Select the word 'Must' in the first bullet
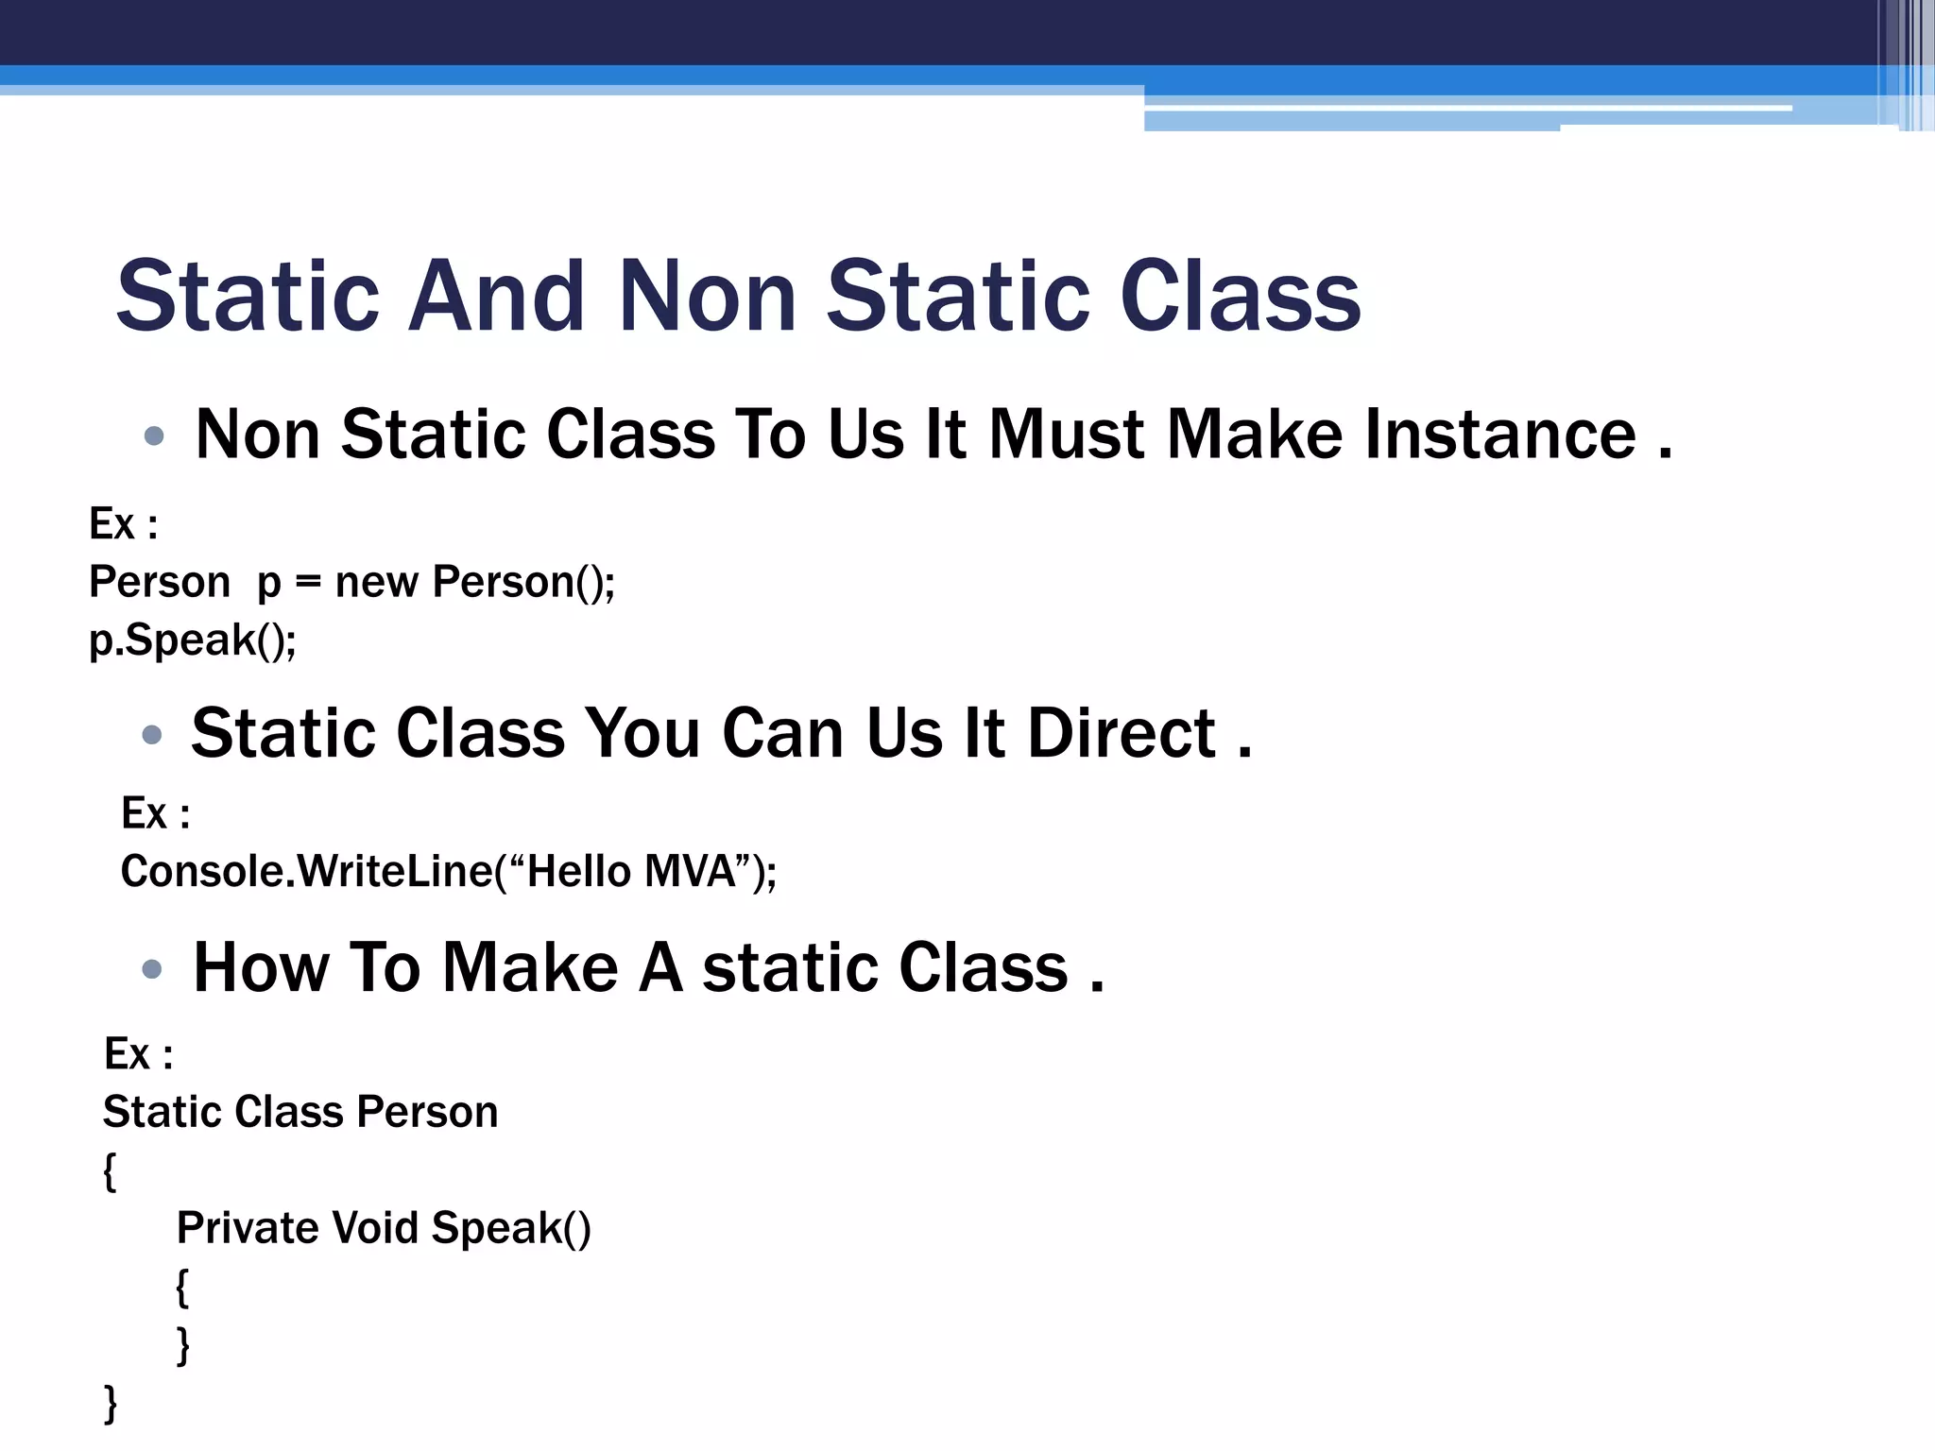click(1066, 435)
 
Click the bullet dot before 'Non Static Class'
click(154, 435)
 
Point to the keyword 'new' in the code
click(376, 583)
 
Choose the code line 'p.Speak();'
click(192, 640)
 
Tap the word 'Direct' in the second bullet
click(1121, 733)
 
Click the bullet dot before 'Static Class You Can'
click(151, 734)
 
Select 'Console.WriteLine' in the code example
click(306, 871)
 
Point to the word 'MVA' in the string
click(689, 871)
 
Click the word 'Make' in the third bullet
click(530, 967)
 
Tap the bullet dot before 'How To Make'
click(151, 968)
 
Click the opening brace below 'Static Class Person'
click(110, 1171)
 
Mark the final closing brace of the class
click(111, 1403)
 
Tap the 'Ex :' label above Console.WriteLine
click(156, 813)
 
